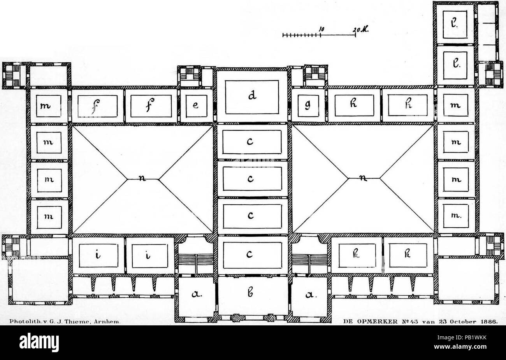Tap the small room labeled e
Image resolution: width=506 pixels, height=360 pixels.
click(x=197, y=105)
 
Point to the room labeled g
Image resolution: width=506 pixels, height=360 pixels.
click(x=308, y=105)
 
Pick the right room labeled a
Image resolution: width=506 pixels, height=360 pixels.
click(x=309, y=296)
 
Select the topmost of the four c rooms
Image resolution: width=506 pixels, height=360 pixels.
click(x=252, y=142)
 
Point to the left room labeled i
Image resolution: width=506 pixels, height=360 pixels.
click(x=98, y=255)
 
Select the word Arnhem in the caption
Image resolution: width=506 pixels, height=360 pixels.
click(x=109, y=321)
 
